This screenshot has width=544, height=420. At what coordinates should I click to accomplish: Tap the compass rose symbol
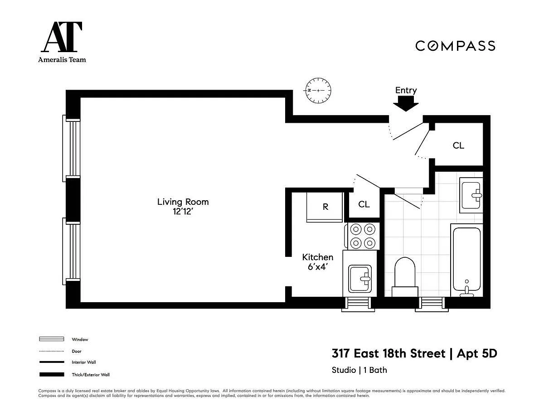pyautogui.click(x=318, y=90)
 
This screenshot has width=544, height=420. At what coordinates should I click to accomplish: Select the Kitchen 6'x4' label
pyautogui.click(x=318, y=262)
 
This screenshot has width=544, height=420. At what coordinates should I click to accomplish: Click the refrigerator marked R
pyautogui.click(x=325, y=207)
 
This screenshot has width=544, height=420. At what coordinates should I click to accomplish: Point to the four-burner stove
pyautogui.click(x=362, y=236)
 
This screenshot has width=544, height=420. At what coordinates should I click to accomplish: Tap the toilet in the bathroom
pyautogui.click(x=405, y=277)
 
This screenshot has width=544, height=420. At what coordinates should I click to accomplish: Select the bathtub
pyautogui.click(x=466, y=260)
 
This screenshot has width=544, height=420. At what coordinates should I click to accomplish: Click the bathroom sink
pyautogui.click(x=471, y=195)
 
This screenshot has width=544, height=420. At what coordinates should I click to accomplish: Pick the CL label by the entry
pyautogui.click(x=458, y=145)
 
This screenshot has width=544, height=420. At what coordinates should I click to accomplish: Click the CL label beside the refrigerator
pyautogui.click(x=364, y=204)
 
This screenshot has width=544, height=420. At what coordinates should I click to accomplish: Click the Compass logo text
pyautogui.click(x=456, y=46)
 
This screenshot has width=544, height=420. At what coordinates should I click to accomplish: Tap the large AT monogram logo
pyautogui.click(x=62, y=37)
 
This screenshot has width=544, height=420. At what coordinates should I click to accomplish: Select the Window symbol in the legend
pyautogui.click(x=52, y=339)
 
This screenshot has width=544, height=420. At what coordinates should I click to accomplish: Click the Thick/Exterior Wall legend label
pyautogui.click(x=91, y=375)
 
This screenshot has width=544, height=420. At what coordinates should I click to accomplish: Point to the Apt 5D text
pyautogui.click(x=477, y=354)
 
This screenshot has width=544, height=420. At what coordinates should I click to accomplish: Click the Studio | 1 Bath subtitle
pyautogui.click(x=359, y=370)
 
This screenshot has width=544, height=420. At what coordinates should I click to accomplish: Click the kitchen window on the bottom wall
pyautogui.click(x=358, y=304)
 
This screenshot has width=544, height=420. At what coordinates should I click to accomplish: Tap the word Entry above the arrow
pyautogui.click(x=406, y=90)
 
